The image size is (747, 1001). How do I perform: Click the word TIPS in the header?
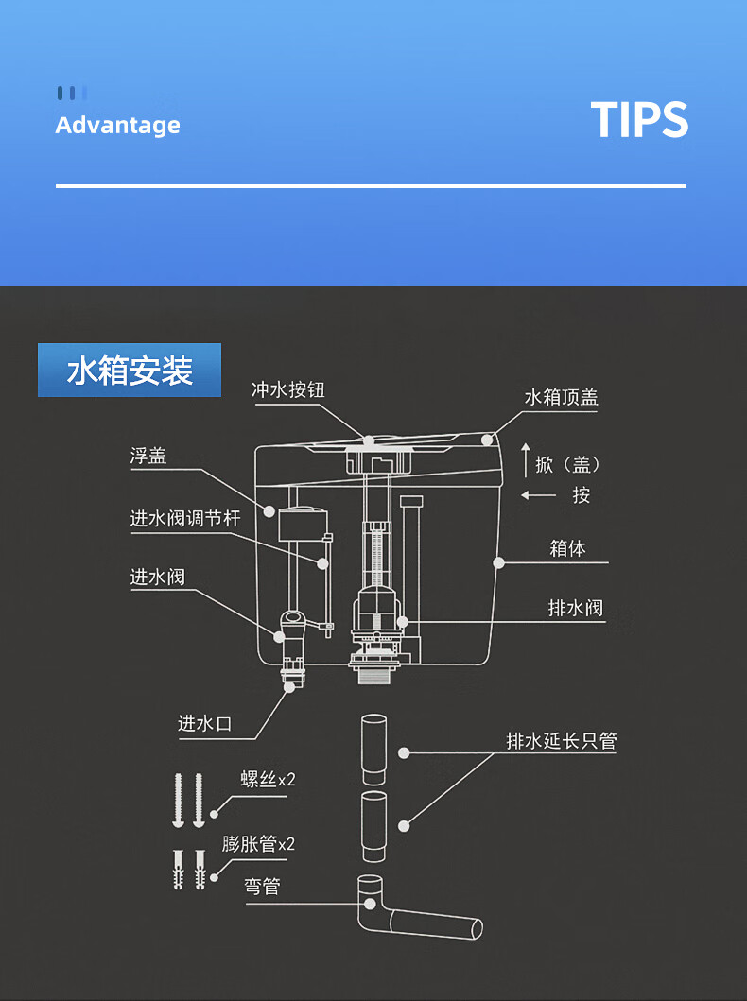[639, 119]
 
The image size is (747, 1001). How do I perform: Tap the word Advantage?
[117, 125]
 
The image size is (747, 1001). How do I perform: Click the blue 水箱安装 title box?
[130, 371]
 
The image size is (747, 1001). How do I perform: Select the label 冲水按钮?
[288, 389]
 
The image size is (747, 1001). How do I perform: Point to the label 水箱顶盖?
[562, 397]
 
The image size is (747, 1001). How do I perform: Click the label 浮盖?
[148, 456]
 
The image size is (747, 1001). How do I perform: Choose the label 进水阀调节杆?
[185, 518]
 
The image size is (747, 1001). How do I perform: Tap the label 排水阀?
[575, 608]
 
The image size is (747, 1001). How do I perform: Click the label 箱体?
[567, 548]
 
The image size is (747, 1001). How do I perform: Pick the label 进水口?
[204, 724]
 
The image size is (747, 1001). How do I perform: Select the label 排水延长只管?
[562, 740]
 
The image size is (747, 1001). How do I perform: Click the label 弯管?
[262, 887]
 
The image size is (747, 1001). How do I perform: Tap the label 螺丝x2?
[268, 780]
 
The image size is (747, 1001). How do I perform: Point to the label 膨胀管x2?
[258, 844]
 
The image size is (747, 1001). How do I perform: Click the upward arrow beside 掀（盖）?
[526, 459]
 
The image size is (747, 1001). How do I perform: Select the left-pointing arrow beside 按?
[538, 495]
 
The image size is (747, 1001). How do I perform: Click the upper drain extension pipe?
[373, 750]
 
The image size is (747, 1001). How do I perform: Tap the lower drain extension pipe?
[373, 827]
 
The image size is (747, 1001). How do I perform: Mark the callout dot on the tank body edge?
[498, 562]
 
